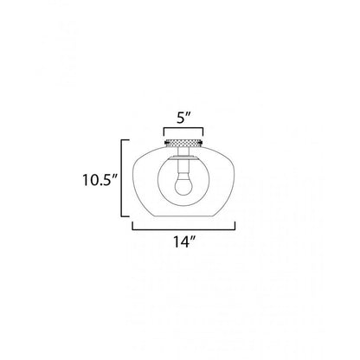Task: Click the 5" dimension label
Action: (183, 119)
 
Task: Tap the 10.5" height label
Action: (100, 180)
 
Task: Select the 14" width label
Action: (184, 241)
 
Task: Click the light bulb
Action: (183, 183)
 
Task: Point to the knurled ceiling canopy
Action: (183, 142)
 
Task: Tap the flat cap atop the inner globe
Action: (183, 157)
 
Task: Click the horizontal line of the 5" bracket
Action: (183, 128)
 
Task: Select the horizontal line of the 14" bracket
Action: (183, 229)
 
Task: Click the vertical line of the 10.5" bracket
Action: (121, 178)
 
